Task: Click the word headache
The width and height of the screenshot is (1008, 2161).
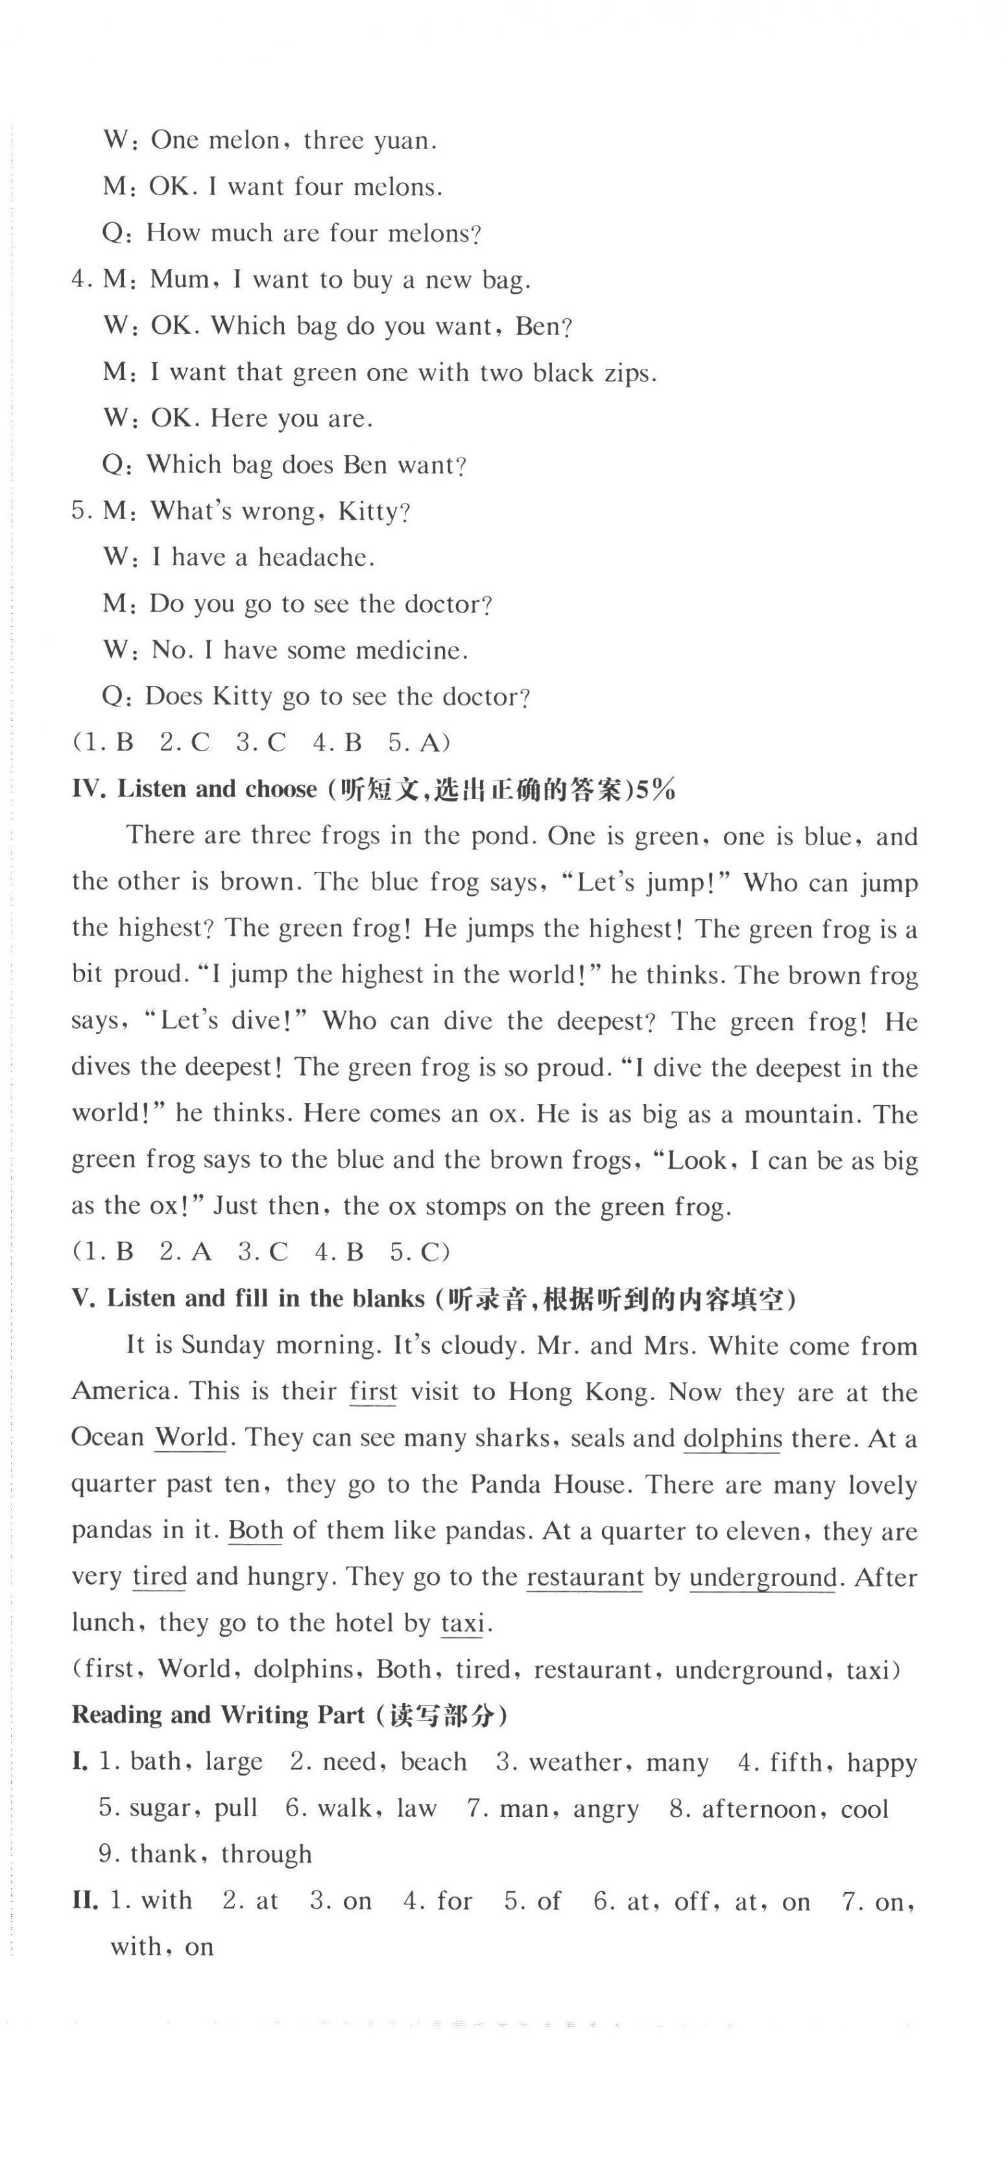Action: click(x=314, y=558)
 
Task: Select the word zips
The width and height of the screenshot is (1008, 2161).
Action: click(x=628, y=373)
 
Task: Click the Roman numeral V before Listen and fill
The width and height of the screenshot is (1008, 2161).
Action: click(x=82, y=1299)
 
